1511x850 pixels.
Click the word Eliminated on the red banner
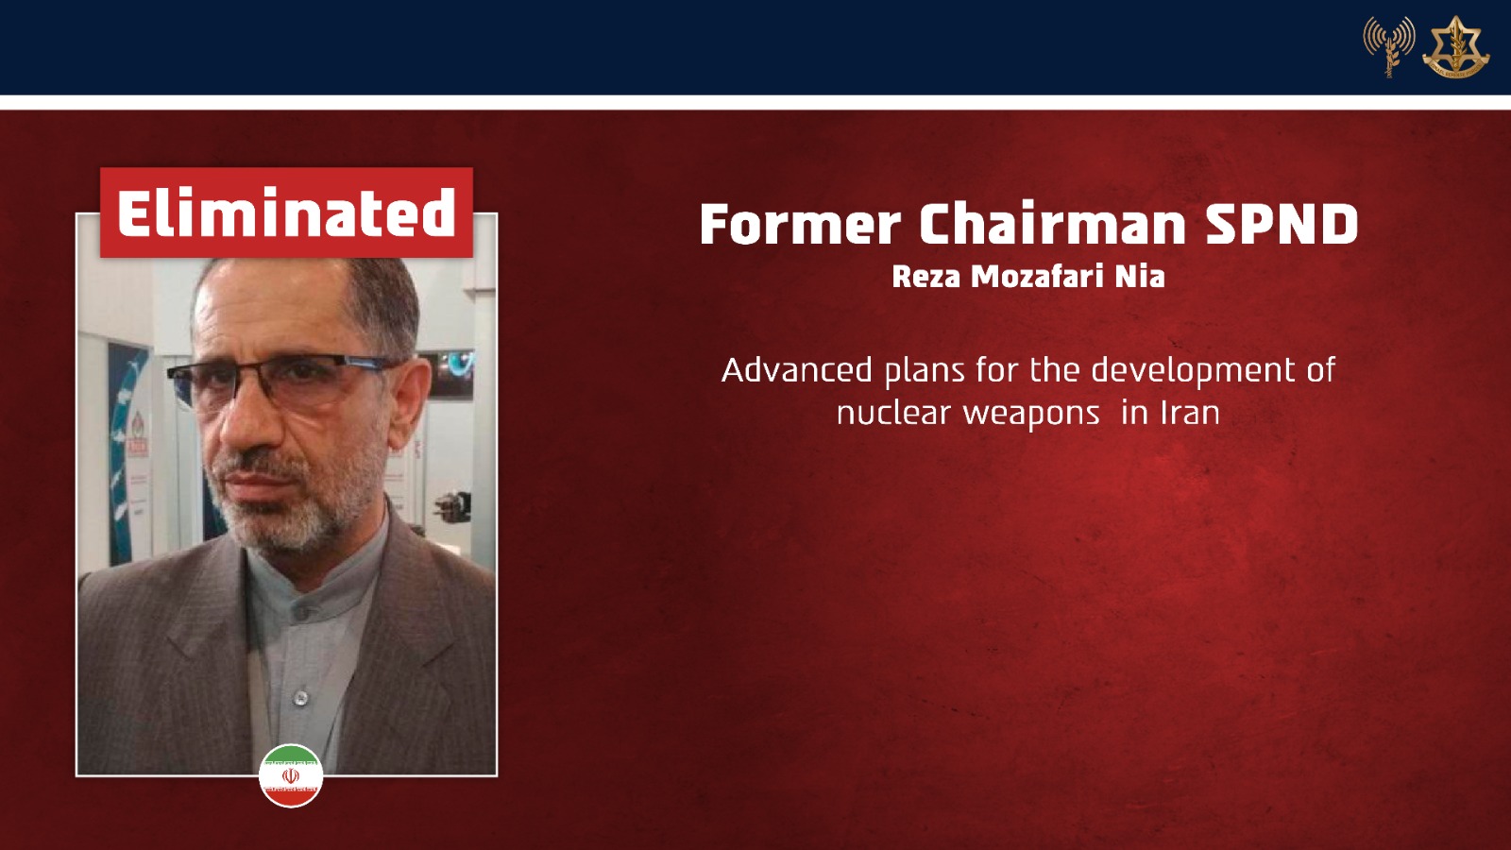[x=286, y=212]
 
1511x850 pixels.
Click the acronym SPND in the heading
[x=1282, y=224]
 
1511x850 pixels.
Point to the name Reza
[x=926, y=277]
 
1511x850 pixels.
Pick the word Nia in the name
[x=1140, y=277]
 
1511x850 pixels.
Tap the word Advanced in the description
[x=797, y=370]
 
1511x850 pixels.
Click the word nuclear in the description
[x=893, y=414]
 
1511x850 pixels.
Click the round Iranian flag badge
[x=291, y=775]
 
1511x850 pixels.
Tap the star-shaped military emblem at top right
[x=1455, y=46]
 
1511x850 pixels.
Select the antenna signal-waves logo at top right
[x=1389, y=46]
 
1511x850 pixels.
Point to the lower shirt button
[x=301, y=697]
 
